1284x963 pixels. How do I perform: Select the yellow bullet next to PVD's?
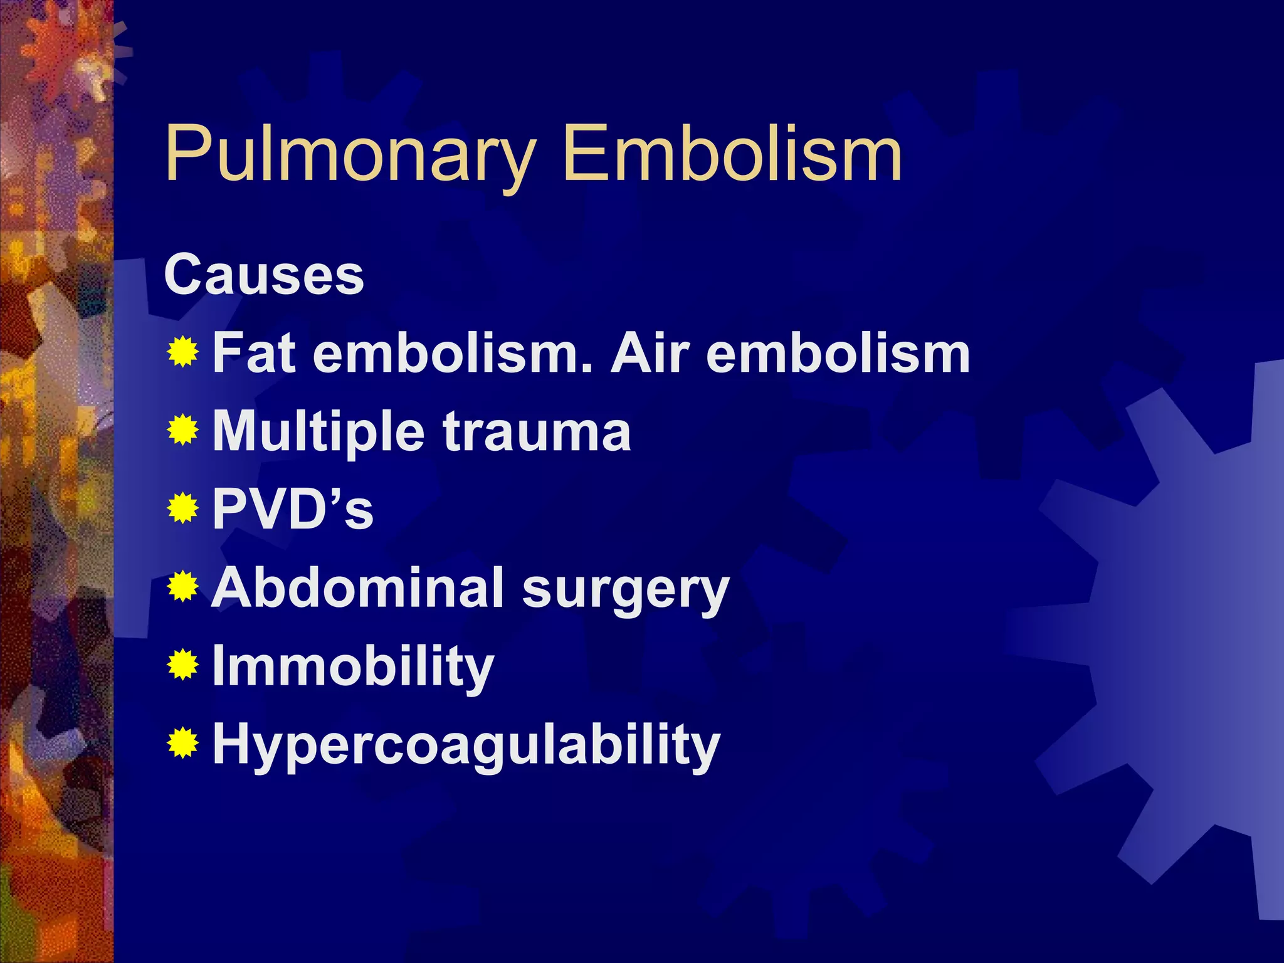point(183,508)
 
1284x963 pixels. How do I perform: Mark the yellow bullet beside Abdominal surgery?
point(183,587)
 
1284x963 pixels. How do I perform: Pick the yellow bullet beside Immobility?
point(183,665)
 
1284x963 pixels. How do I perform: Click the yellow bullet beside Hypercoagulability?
point(183,744)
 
